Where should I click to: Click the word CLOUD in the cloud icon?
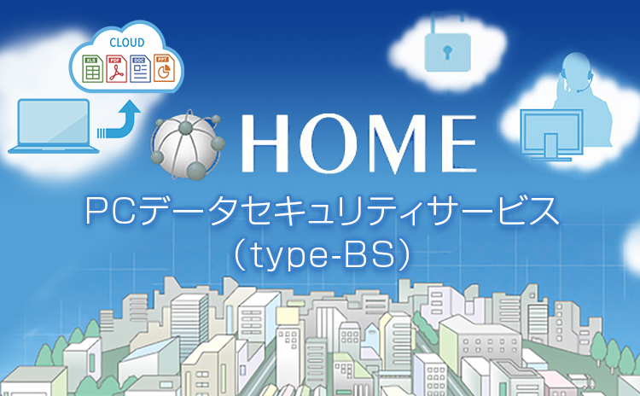pos(127,43)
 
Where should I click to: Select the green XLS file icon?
pos(92,68)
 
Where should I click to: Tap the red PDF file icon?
pos(116,68)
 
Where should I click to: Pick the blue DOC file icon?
pos(140,68)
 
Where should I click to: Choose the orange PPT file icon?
pos(164,67)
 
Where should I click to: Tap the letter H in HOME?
pos(265,143)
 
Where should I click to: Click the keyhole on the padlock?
pos(447,51)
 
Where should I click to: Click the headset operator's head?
pos(575,69)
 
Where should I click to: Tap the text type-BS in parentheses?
pos(321,255)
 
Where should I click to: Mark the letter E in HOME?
pos(459,143)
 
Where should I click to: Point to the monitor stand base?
pos(551,158)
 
